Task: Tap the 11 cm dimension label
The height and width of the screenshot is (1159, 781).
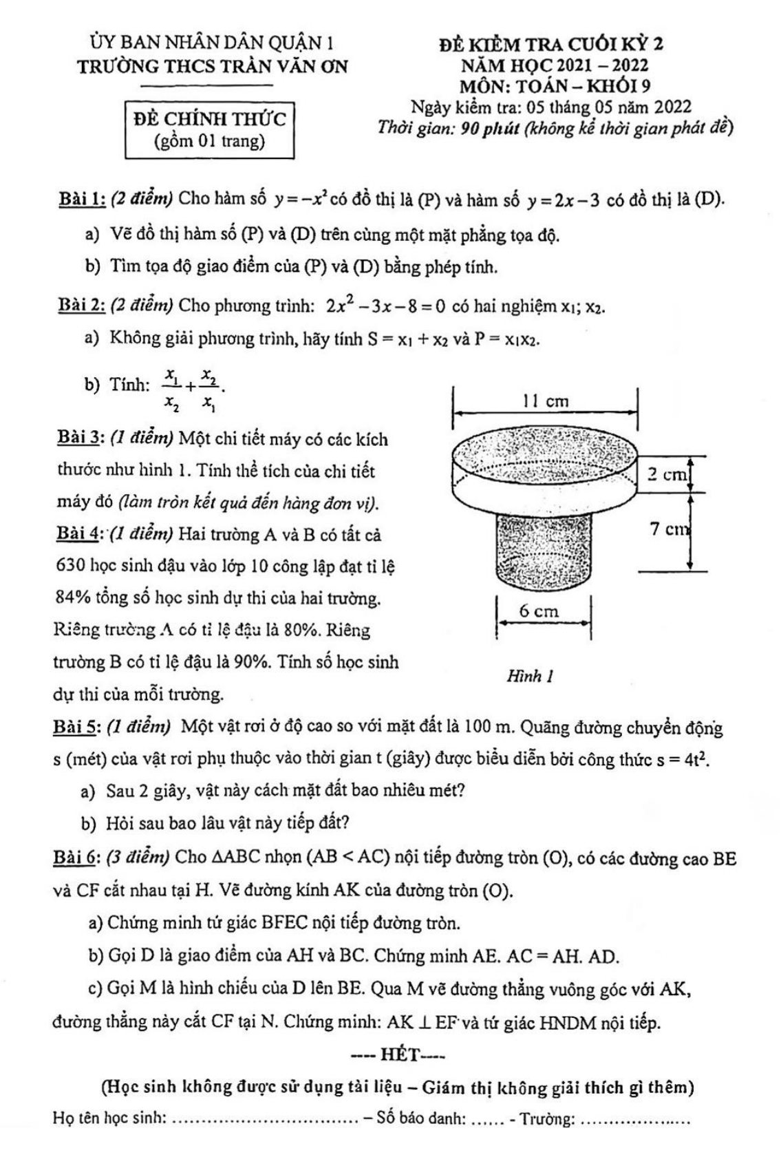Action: tap(546, 401)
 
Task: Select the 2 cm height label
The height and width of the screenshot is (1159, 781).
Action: tap(666, 474)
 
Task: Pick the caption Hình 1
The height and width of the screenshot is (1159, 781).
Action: tap(530, 676)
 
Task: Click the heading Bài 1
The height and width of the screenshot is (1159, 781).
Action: tap(81, 200)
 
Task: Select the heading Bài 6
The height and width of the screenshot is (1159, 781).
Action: tap(78, 858)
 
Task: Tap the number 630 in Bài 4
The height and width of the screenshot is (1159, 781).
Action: tap(69, 566)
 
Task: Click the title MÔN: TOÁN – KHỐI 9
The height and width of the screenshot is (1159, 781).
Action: tap(555, 86)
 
